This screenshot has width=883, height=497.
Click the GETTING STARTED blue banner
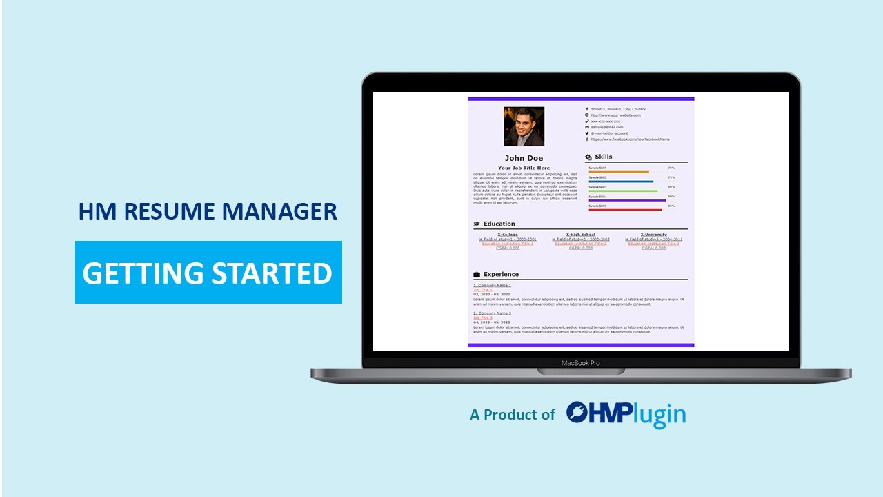pyautogui.click(x=208, y=273)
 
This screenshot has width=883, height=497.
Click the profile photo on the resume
pyautogui.click(x=524, y=126)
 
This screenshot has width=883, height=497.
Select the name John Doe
pyautogui.click(x=524, y=158)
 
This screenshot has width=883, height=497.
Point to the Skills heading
pyautogui.click(x=603, y=157)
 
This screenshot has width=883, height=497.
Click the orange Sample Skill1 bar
pyautogui.click(x=618, y=172)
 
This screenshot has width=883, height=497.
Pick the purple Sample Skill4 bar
pyautogui.click(x=627, y=200)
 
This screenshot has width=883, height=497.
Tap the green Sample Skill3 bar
pyautogui.click(x=623, y=191)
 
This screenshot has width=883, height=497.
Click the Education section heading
pyautogui.click(x=499, y=224)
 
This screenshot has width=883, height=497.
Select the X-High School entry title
pyautogui.click(x=580, y=235)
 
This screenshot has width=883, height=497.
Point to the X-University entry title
pyautogui.click(x=653, y=235)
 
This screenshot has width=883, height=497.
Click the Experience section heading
pyautogui.click(x=501, y=274)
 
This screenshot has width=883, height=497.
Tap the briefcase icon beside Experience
pyautogui.click(x=477, y=275)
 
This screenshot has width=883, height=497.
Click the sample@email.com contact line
pyautogui.click(x=606, y=127)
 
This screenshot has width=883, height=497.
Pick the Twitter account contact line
pyautogui.click(x=609, y=133)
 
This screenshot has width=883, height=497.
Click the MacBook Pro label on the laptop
pyautogui.click(x=580, y=363)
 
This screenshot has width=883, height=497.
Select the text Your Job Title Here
pyautogui.click(x=524, y=168)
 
